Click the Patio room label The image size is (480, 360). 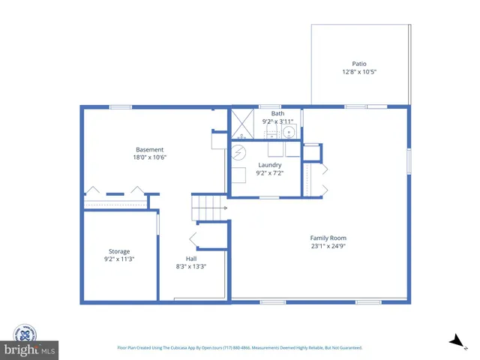point(359,64)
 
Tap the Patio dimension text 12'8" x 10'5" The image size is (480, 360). point(359,72)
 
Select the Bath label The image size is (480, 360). point(277,113)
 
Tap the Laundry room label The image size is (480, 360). point(270,165)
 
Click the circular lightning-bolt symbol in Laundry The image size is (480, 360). point(238,153)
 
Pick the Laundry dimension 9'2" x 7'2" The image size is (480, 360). point(270,173)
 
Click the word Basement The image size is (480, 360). point(149,149)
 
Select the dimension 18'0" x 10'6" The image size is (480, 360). point(149,157)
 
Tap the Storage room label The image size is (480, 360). point(119,251)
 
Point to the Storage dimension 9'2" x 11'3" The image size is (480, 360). point(119,259)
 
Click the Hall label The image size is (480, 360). point(191,258)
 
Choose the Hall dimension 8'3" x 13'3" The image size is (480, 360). point(191,266)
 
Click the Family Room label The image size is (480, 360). point(328,238)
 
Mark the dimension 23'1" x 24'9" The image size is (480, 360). point(328,246)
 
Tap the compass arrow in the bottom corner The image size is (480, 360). point(454,342)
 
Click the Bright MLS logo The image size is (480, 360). point(30,343)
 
